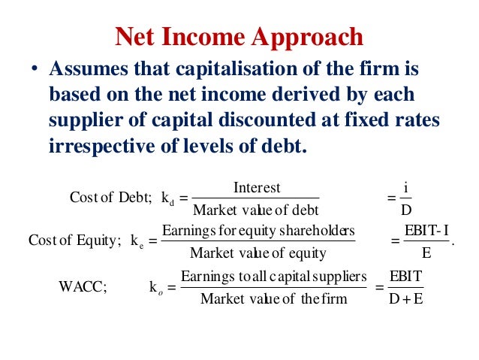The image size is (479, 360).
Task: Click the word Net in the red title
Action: tap(134, 35)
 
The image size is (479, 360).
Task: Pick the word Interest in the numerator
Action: tap(257, 187)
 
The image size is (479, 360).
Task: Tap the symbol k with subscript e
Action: tap(136, 241)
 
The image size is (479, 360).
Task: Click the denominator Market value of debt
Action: tap(256, 210)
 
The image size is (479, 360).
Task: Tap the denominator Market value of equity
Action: tap(258, 253)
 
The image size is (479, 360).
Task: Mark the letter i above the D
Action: tap(405, 186)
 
